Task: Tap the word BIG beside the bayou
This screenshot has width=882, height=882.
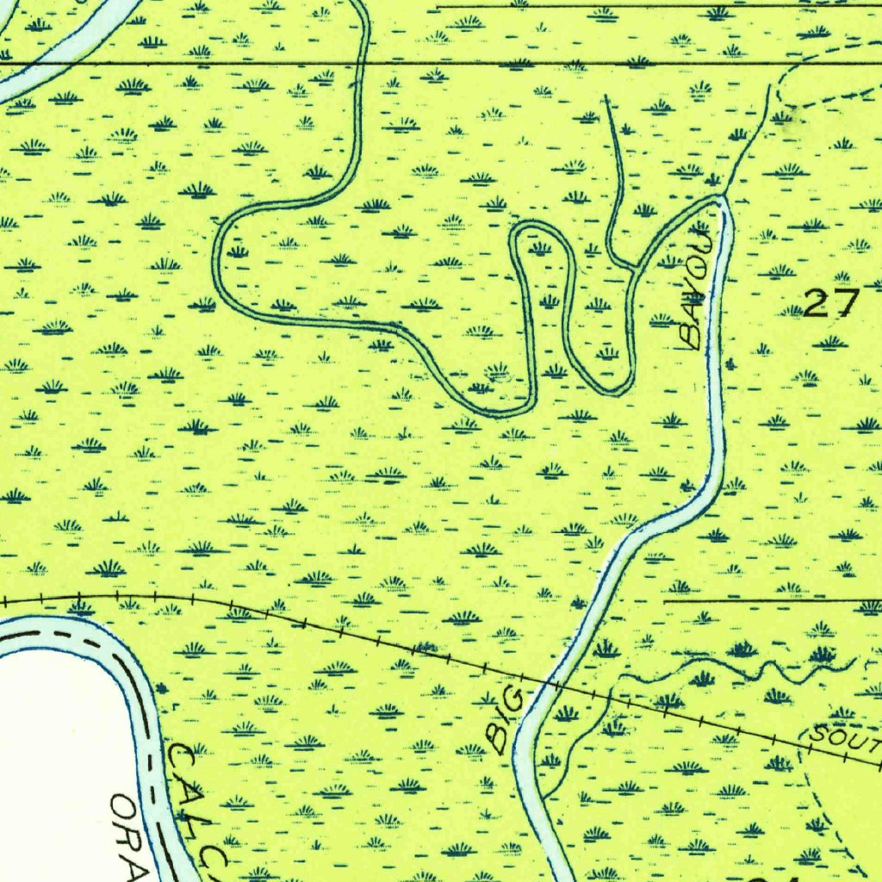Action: [505, 717]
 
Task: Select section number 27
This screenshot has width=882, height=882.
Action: [831, 303]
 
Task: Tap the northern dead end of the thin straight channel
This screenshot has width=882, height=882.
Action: [606, 96]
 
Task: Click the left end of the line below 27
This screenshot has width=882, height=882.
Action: [665, 600]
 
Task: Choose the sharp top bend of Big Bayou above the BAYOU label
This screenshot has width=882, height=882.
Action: [722, 198]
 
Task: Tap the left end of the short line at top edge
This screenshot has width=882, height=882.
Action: [438, 7]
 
